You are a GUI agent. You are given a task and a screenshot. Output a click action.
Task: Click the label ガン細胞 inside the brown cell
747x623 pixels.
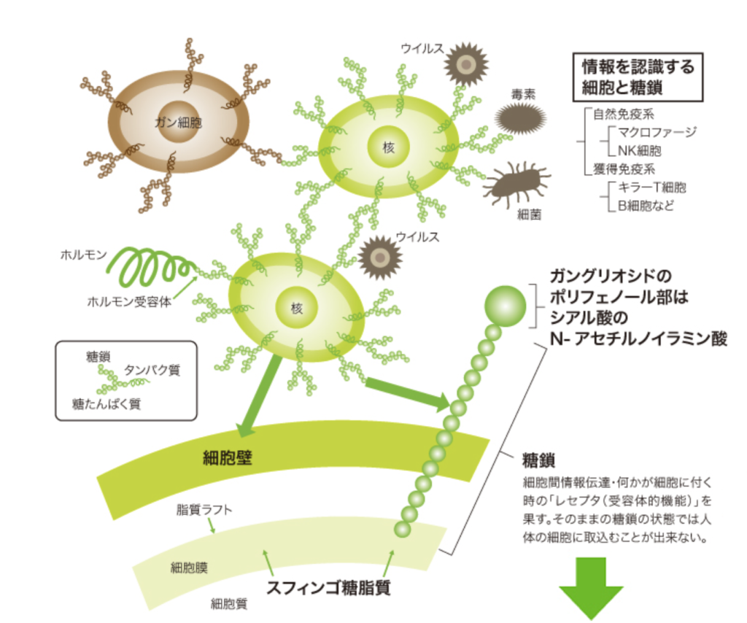[x=178, y=123]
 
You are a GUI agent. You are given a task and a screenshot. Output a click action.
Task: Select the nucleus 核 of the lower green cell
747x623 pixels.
[x=296, y=309]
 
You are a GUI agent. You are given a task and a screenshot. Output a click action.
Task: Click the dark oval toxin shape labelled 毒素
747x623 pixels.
[x=520, y=117]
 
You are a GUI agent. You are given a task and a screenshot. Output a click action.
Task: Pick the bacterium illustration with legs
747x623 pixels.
[x=516, y=183]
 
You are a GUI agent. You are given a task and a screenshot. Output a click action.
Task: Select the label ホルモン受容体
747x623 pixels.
[x=129, y=301]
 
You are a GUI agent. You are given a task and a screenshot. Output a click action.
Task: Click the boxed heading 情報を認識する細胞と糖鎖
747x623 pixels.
[x=638, y=77]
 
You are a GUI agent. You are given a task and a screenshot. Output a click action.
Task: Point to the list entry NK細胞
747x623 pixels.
[x=640, y=151]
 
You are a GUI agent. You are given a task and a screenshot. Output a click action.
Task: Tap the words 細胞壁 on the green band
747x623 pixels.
[x=232, y=458]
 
